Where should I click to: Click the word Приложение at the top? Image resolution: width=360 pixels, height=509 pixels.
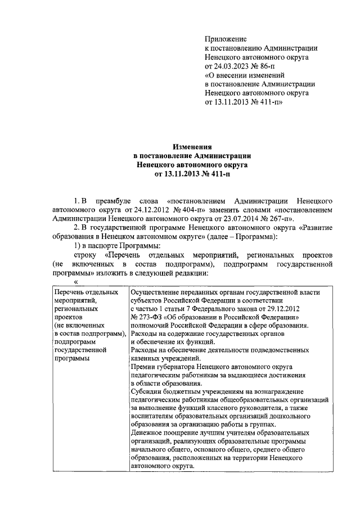(226, 39)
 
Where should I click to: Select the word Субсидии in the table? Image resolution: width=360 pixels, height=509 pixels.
(147, 391)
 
